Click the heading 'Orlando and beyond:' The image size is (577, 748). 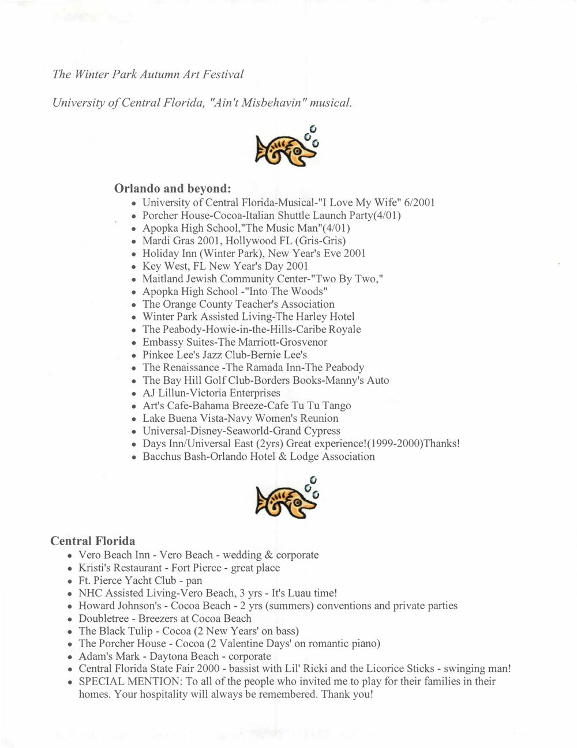pyautogui.click(x=173, y=188)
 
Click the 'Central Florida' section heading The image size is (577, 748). pyautogui.click(x=93, y=541)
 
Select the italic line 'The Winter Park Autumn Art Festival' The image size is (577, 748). pyautogui.click(x=148, y=74)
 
